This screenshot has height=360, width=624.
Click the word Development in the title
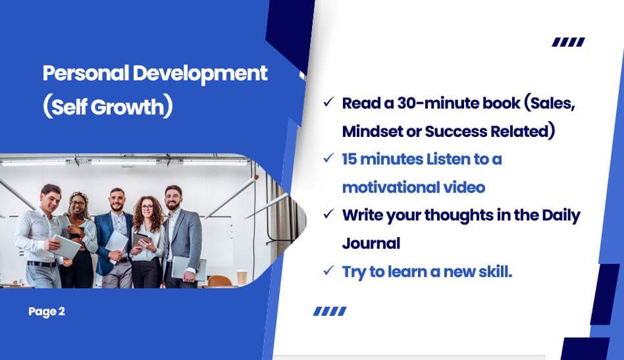pyautogui.click(x=200, y=74)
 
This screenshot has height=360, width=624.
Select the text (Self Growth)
pyautogui.click(x=108, y=107)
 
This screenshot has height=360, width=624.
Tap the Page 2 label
pyautogui.click(x=47, y=311)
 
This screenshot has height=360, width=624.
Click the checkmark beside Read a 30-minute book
pyautogui.click(x=328, y=102)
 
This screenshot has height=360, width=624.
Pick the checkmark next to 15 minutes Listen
pyautogui.click(x=328, y=159)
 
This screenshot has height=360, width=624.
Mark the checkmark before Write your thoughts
pyautogui.click(x=328, y=215)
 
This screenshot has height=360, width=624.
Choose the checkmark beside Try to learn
pyautogui.click(x=328, y=271)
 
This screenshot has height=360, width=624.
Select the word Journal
pyautogui.click(x=371, y=244)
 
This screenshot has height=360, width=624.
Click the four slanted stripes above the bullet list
pyautogui.click(x=568, y=41)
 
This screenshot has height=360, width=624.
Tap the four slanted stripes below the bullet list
pyautogui.click(x=330, y=311)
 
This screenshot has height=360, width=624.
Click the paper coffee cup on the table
pyautogui.click(x=242, y=278)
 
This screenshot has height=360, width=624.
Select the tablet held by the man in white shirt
pyautogui.click(x=66, y=247)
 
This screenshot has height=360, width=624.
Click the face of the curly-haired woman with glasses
pyautogui.click(x=147, y=207)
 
